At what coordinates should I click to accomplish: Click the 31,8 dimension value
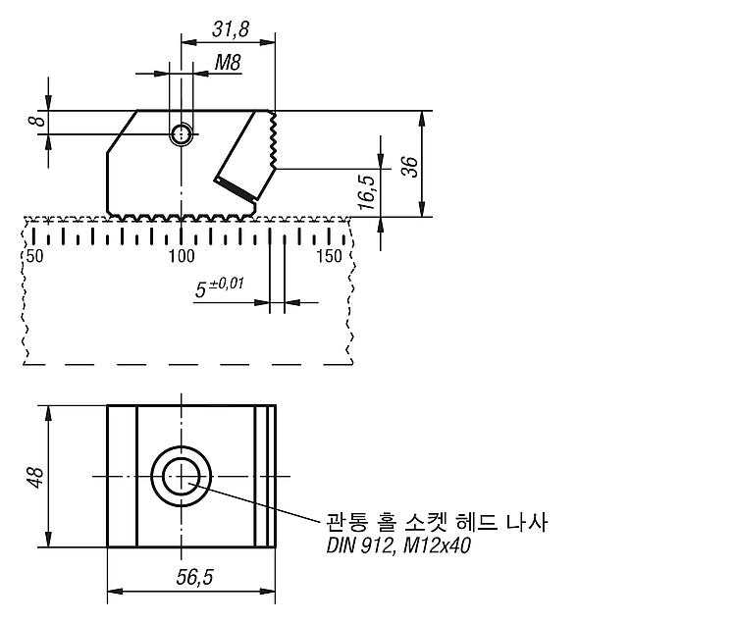pyautogui.click(x=230, y=29)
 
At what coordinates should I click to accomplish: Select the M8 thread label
pyautogui.click(x=228, y=63)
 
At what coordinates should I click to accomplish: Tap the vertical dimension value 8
pyautogui.click(x=37, y=121)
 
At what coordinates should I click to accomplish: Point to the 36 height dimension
pyautogui.click(x=409, y=167)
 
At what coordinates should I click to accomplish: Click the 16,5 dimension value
pyautogui.click(x=367, y=192)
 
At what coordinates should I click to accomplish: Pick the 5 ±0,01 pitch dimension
pyautogui.click(x=220, y=287)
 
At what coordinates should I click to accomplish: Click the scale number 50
pyautogui.click(x=34, y=256)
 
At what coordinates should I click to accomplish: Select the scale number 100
pyautogui.click(x=182, y=256)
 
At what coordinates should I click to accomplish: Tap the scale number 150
pyautogui.click(x=329, y=256)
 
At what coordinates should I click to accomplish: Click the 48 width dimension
pyautogui.click(x=36, y=477)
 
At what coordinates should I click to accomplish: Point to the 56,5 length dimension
pyautogui.click(x=194, y=577)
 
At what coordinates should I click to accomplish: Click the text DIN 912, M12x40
pyautogui.click(x=398, y=545)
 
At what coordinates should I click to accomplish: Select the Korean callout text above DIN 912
pyautogui.click(x=437, y=522)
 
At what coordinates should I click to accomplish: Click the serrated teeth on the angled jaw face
pyautogui.click(x=273, y=139)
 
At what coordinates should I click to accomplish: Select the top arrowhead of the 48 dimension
pyautogui.click(x=49, y=414)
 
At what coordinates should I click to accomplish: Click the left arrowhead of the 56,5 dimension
pyautogui.click(x=116, y=591)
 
